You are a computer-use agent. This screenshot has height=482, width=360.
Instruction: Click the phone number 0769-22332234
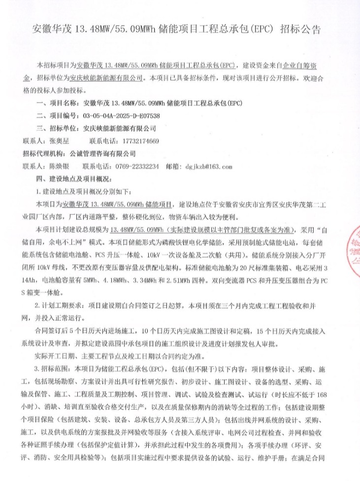pyautogui.click(x=137, y=166)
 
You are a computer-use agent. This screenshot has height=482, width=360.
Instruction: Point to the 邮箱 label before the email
pyautogui.click(x=173, y=166)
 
